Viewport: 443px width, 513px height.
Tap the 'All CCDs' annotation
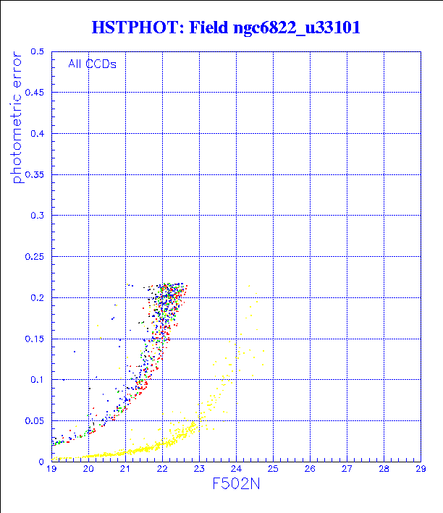pyautogui.click(x=92, y=64)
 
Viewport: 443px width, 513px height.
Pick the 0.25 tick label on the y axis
pyautogui.click(x=34, y=257)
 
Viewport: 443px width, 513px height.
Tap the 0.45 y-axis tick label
pyautogui.click(x=34, y=93)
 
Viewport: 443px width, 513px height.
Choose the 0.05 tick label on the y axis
pyautogui.click(x=34, y=420)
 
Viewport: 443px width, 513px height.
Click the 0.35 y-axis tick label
pyautogui.click(x=34, y=175)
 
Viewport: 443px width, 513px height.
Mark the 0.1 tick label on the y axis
pyautogui.click(x=37, y=379)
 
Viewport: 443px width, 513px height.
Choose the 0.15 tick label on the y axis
pyautogui.click(x=34, y=339)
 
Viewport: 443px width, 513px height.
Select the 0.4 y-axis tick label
pyautogui.click(x=37, y=134)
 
